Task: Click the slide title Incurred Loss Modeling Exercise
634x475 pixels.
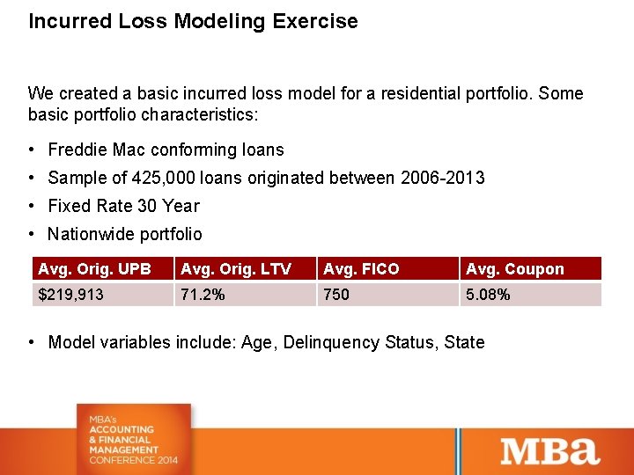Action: (193, 21)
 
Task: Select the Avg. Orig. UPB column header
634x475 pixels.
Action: (95, 269)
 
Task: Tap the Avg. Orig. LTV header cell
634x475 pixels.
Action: (235, 269)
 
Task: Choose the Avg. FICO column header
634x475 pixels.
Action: (361, 269)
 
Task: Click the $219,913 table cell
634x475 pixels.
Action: (70, 295)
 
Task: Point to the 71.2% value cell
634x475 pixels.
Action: (203, 295)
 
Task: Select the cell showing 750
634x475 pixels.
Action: (336, 295)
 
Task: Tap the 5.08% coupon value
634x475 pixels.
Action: (488, 295)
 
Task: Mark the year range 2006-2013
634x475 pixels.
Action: (442, 178)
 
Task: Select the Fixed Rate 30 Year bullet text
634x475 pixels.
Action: (123, 206)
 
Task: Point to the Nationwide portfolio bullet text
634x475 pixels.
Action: (125, 234)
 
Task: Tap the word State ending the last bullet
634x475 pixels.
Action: (463, 342)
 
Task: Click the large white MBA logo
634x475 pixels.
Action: (550, 450)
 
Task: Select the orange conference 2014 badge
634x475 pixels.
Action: (133, 436)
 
